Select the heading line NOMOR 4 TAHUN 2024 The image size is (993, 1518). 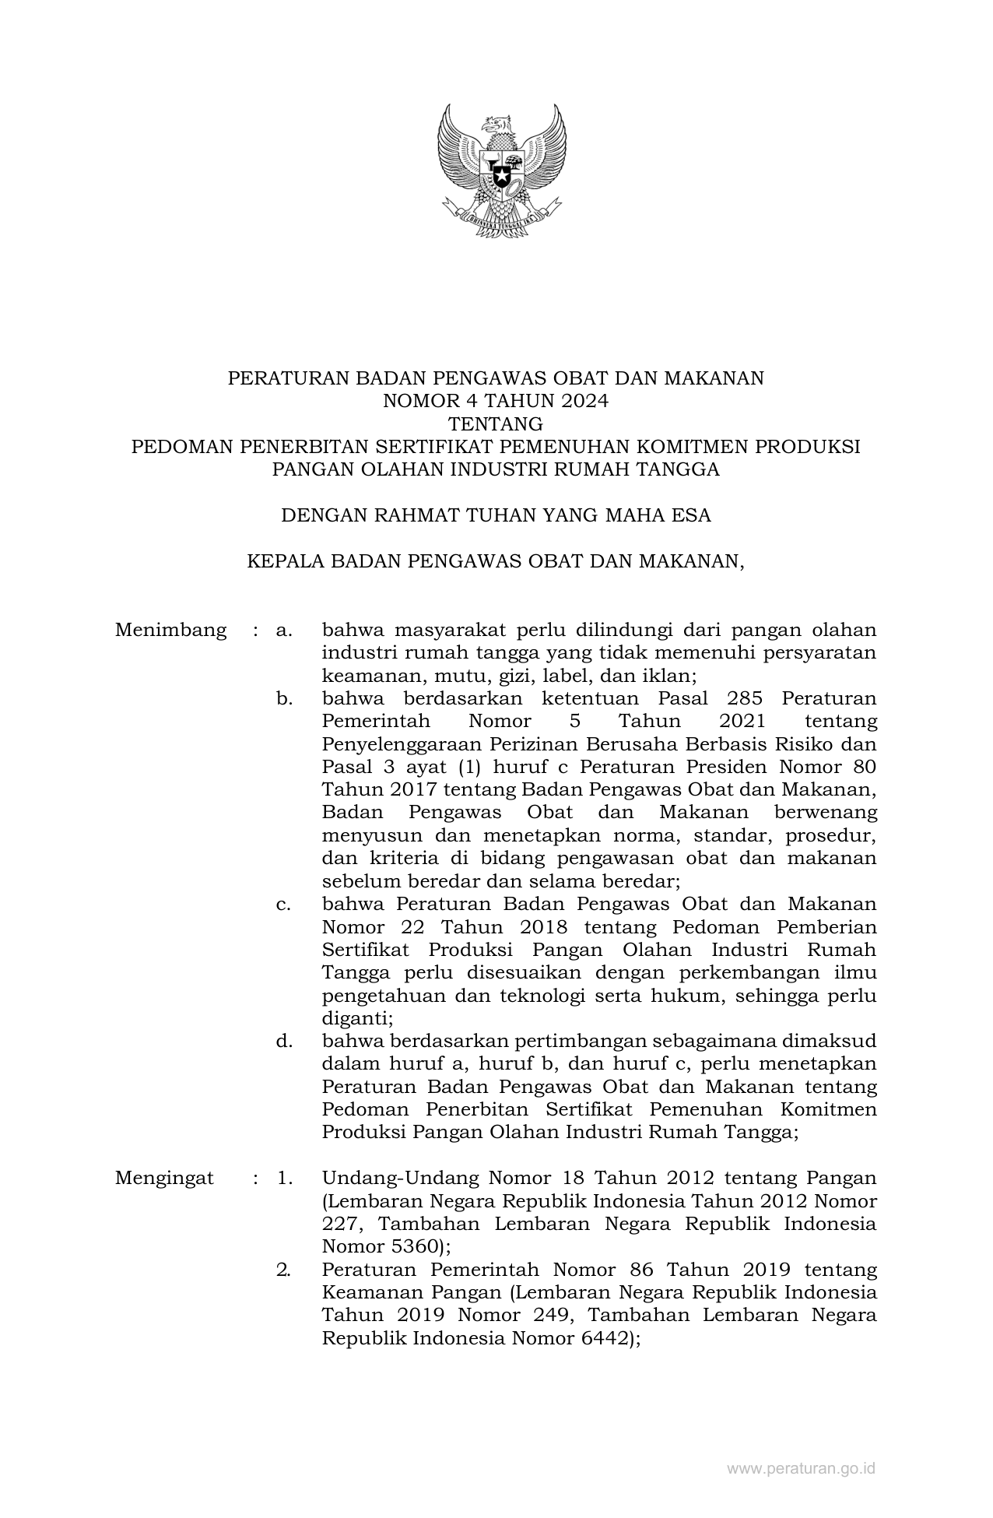[x=496, y=401]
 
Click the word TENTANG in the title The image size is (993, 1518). [x=496, y=424]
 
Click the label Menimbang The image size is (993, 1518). [x=170, y=630]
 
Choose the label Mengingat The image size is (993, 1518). [x=164, y=1178]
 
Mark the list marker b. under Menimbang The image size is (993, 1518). [x=284, y=698]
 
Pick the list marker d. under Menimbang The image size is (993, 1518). [x=284, y=1041]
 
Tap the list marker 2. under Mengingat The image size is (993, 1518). [x=284, y=1270]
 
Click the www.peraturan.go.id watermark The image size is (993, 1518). [x=802, y=1468]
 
